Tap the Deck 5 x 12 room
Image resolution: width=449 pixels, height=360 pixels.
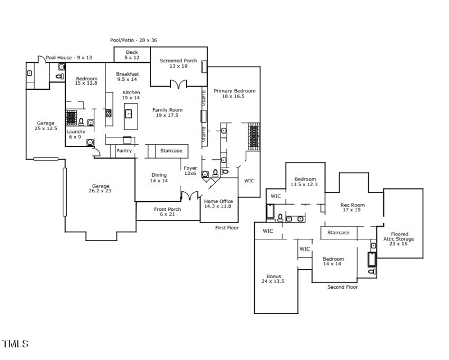132,54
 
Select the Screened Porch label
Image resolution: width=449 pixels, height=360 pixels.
178,63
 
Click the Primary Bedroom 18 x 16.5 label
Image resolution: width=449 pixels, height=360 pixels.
234,94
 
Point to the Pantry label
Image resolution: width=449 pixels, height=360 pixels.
124,151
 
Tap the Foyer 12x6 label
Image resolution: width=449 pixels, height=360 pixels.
190,170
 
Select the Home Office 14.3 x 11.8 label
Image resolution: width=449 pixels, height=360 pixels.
218,204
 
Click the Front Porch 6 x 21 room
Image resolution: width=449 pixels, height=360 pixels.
167,212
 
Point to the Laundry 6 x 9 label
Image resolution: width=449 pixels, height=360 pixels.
76,134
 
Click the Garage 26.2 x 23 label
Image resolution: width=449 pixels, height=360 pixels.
101,189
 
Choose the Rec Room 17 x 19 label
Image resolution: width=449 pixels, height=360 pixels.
353,207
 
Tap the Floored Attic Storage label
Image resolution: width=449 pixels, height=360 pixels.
399,239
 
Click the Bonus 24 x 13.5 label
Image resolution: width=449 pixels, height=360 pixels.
274,279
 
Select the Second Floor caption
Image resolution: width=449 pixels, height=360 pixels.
342,287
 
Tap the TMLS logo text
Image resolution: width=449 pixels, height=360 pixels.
15,344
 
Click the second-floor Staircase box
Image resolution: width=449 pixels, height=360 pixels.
338,232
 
